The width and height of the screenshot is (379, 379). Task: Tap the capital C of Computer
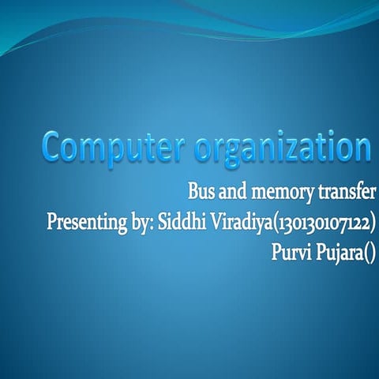[x=54, y=147]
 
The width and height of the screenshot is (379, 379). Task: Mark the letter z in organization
[x=301, y=149]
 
